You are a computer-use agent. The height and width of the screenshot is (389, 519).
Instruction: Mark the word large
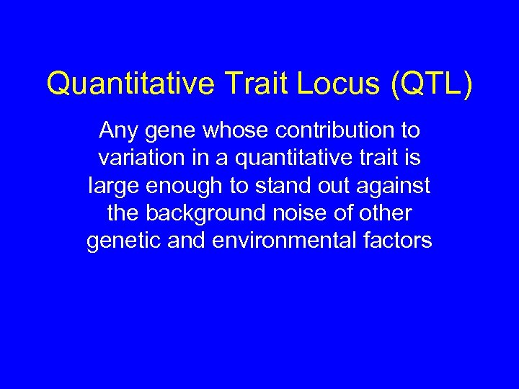coord(112,187)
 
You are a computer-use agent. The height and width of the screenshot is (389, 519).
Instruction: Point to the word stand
coord(277,187)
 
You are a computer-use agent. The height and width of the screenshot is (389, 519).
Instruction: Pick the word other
coord(385,214)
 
